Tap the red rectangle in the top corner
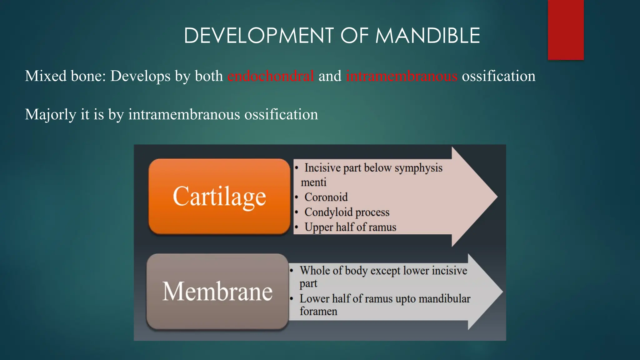[566, 30]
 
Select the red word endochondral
[271, 76]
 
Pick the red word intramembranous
[402, 76]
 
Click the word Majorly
[50, 114]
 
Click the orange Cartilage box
[219, 196]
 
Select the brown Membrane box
[217, 291]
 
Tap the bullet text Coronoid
[326, 197]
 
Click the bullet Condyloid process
[347, 212]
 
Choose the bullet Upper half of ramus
[350, 227]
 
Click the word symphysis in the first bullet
[418, 168]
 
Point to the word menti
[313, 182]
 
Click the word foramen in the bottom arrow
[318, 311]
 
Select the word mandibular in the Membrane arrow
[444, 299]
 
